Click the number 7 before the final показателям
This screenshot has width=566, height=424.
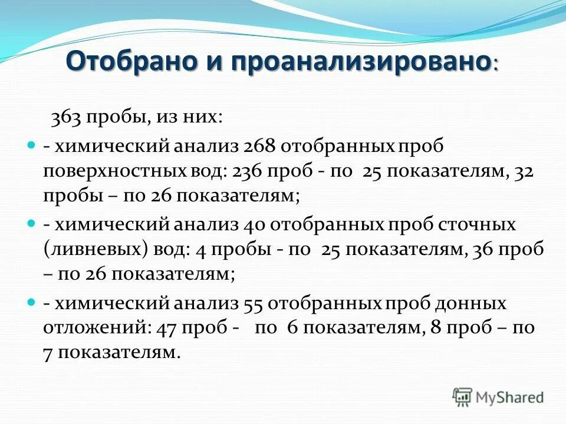[47, 354]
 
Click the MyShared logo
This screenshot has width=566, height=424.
[498, 397]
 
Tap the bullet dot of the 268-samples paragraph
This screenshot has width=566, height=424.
[32, 144]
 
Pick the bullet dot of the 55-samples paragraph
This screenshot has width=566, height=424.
[32, 302]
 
